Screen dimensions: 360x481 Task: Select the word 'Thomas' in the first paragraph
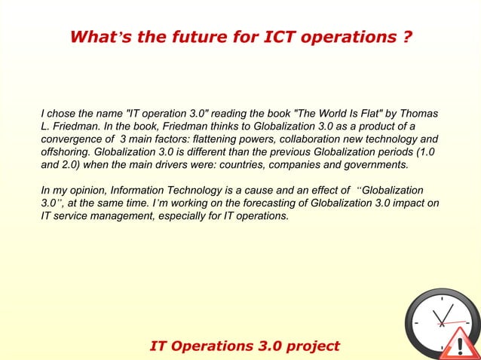click(x=419, y=114)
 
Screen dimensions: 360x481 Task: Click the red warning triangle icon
click(x=458, y=344)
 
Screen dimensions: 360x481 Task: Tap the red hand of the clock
click(x=457, y=322)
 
